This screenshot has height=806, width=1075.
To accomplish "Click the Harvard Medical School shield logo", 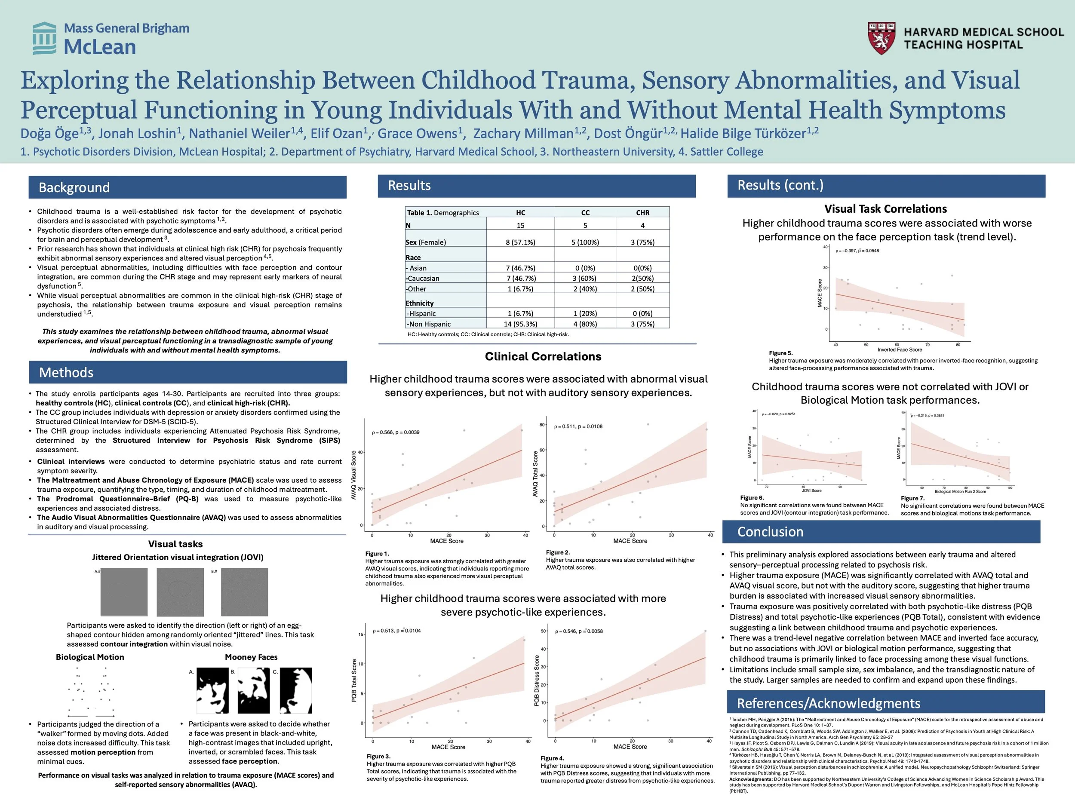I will pyautogui.click(x=881, y=38).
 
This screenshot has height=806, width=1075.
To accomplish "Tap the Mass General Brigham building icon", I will pyautogui.click(x=44, y=38).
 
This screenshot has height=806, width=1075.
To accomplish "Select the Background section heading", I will pyautogui.click(x=74, y=187).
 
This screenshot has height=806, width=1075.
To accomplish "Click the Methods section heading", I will pyautogui.click(x=66, y=373).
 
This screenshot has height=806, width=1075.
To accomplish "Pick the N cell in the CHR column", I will pyautogui.click(x=642, y=225).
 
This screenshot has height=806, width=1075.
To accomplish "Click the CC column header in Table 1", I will pyautogui.click(x=585, y=213).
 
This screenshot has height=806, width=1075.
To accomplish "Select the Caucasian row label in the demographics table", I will pyautogui.click(x=423, y=279).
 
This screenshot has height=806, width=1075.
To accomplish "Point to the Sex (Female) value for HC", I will pyautogui.click(x=520, y=242).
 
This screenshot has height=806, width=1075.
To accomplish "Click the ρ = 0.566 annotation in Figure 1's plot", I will pyautogui.click(x=396, y=432).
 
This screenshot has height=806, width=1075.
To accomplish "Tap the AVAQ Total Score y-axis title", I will pyautogui.click(x=535, y=474).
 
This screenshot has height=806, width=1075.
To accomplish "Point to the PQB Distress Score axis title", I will pyautogui.click(x=537, y=680).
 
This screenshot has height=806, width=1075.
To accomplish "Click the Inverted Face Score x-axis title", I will pyautogui.click(x=900, y=349).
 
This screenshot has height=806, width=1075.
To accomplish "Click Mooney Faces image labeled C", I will pyautogui.click(x=296, y=690).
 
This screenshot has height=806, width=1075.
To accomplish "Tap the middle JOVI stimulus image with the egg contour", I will pyautogui.click(x=179, y=592).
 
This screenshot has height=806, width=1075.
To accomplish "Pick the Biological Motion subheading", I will pyautogui.click(x=90, y=657).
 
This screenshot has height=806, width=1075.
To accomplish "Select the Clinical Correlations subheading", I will pyautogui.click(x=543, y=357).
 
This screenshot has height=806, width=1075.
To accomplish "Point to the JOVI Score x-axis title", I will pyautogui.click(x=811, y=490).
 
